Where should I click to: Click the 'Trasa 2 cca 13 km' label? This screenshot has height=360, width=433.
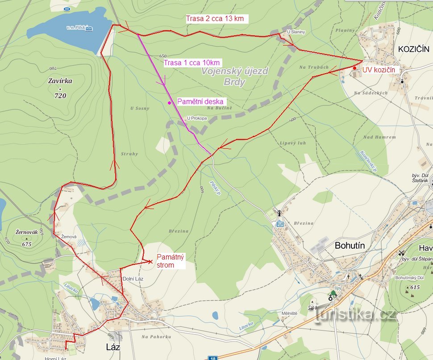coord(216,19)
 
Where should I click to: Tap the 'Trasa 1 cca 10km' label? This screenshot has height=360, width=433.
coord(192,63)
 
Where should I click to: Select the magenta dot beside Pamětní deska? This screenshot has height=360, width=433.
coord(169,103)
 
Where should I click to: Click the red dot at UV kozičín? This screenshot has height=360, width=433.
coord(355,68)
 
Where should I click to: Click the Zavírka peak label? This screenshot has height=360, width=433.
coord(60,81)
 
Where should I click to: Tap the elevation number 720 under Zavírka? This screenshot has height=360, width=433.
coord(60,96)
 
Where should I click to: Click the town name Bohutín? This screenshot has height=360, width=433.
coord(350,245)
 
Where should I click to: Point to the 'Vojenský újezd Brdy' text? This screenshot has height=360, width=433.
coord(234,76)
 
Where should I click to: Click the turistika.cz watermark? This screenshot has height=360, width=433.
coord(356,314)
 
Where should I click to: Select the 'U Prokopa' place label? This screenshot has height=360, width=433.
coord(197,118)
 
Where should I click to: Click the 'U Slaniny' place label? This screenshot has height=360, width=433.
coord(296,32)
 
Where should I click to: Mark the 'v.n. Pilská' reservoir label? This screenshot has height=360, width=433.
coord(79,28)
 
